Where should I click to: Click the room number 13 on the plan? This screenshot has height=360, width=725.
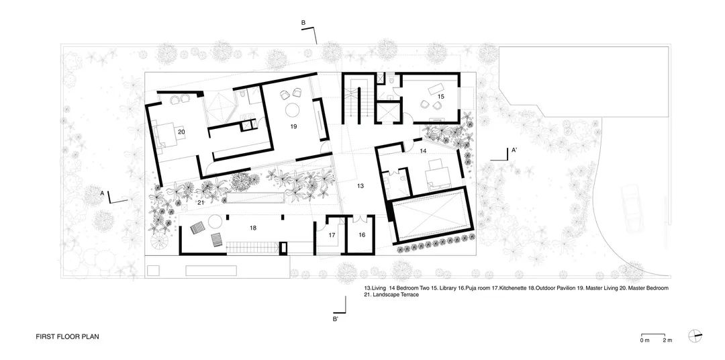pos(360,185)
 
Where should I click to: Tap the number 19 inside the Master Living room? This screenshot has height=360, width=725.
pos(293,126)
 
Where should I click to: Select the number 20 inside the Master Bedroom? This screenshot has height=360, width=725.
pos(181,132)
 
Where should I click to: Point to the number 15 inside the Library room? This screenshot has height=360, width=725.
pos(440,97)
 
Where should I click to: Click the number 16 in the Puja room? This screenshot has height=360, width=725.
pos(361,235)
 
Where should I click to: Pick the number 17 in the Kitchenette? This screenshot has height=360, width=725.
pos(332,235)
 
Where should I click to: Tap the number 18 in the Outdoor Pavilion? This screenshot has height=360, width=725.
pos(253,228)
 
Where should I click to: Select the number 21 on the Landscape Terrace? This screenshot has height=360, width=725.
pos(200,202)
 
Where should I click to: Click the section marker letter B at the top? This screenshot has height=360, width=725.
pos(303,24)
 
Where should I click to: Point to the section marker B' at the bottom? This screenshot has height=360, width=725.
pos(336,319)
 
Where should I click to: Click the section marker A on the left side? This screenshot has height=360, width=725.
pos(102,193)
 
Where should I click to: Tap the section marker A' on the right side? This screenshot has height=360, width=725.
pos(514,150)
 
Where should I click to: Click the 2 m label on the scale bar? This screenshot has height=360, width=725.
pos(667,341)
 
